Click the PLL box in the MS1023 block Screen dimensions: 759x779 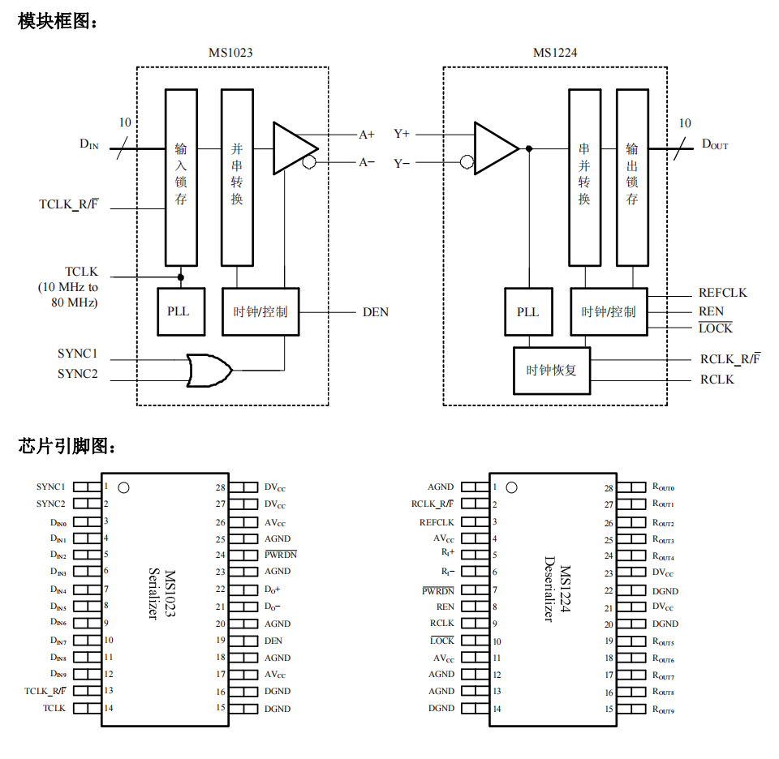pos(179,311)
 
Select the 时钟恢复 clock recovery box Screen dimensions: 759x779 pos(552,371)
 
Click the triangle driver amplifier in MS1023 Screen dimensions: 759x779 pos(293,148)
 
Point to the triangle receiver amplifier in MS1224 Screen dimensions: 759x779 pos(494,148)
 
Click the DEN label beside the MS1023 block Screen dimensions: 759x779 pos(375,312)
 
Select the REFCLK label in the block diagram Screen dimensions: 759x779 pos(722,293)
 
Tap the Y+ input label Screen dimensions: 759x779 pos(402,134)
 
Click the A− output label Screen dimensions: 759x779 pos(368,162)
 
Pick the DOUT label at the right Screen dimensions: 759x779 pos(715,144)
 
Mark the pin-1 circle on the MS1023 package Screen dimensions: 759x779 pos(123,487)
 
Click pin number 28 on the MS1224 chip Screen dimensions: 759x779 pos(609,488)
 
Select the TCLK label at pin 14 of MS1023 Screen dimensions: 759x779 pos(54,708)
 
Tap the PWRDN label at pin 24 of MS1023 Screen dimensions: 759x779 pos(281,555)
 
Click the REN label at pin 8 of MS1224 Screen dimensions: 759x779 pos(445,606)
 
